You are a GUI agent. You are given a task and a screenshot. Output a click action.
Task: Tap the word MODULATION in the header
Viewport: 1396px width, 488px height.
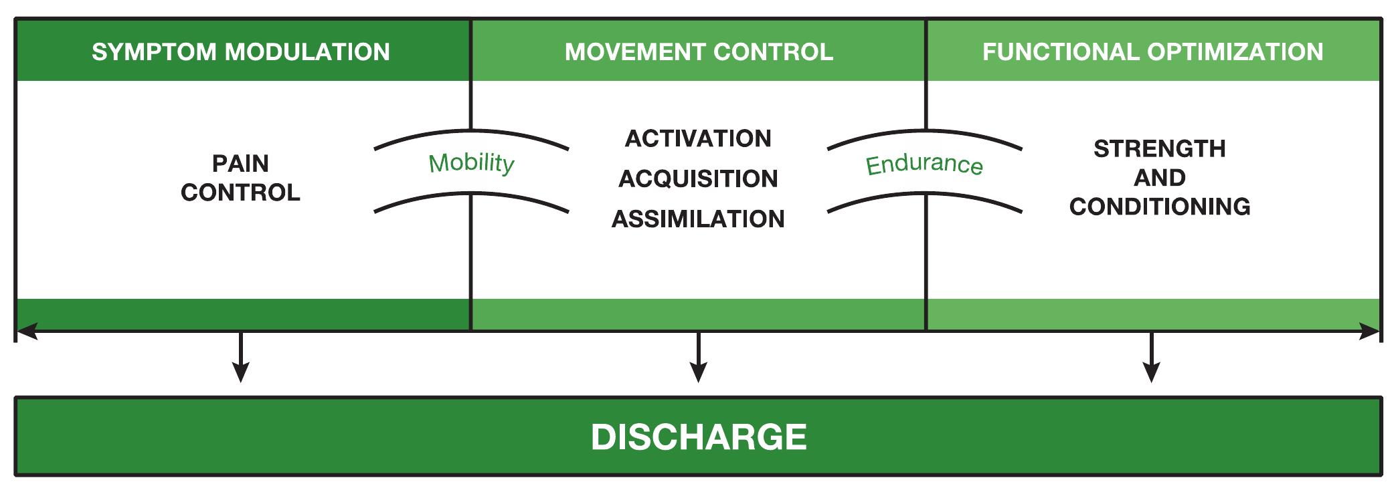click(307, 52)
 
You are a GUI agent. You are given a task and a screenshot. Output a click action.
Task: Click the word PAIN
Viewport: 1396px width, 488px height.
click(240, 164)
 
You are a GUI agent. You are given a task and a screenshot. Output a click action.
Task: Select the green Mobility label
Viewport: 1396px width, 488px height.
click(472, 162)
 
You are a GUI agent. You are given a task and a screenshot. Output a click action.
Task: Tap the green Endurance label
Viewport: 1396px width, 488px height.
click(924, 164)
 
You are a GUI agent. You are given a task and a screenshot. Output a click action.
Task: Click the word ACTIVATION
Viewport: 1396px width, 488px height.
click(698, 139)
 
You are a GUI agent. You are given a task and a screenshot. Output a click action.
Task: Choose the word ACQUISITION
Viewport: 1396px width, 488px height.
click(698, 179)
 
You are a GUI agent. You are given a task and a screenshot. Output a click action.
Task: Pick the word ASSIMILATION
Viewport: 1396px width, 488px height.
click(698, 219)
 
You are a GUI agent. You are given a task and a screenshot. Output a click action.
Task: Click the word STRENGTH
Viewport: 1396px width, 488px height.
click(1159, 148)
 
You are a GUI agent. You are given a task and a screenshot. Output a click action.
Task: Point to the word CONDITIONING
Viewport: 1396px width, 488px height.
click(1159, 207)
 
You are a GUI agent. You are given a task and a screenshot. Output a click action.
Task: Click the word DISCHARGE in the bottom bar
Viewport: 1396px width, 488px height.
click(698, 437)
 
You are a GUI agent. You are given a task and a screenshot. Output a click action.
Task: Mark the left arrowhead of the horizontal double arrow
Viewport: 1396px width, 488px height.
click(25, 331)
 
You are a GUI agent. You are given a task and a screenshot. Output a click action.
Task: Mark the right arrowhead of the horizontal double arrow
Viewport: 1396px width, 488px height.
click(1371, 331)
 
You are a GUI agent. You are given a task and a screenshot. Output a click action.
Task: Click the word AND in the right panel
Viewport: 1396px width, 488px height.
click(1159, 178)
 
